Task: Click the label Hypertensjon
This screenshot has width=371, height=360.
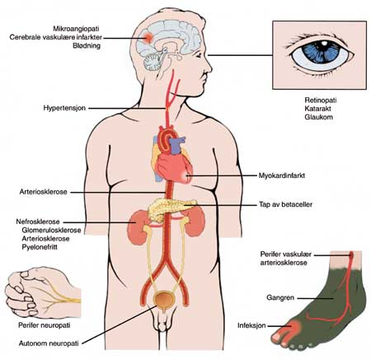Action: coord(64,108)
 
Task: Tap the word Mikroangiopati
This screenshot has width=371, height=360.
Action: coord(76,29)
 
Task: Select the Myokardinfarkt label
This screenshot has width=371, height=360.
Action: coord(282,175)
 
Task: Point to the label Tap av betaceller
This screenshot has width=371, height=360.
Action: coord(285,204)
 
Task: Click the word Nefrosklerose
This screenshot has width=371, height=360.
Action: coord(38,222)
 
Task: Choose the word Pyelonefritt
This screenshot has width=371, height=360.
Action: coord(40,247)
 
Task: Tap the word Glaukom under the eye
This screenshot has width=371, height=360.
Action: coord(318,117)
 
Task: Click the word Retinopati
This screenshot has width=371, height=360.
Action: coord(321,101)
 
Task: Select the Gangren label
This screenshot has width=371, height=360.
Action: coord(280,297)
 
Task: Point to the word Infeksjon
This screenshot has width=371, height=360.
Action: coord(251,325)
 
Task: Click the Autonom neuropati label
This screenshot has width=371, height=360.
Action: coord(49,344)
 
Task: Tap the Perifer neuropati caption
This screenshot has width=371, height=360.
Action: coord(45,325)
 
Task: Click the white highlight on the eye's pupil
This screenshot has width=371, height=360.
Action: coord(325,44)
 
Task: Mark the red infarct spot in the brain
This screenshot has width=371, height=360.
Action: coord(148,37)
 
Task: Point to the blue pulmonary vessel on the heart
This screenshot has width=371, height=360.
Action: coord(176,145)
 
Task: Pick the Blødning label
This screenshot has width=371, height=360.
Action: coord(87,46)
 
